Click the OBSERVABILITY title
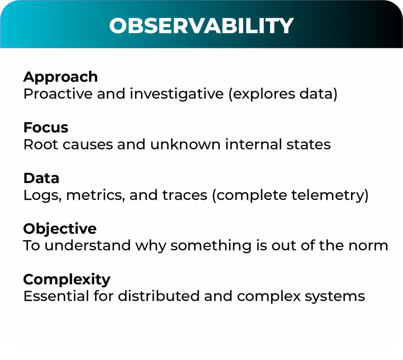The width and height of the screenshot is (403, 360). tap(201, 26)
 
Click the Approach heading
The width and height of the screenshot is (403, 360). tap(60, 77)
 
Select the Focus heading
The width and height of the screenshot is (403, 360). tap(46, 127)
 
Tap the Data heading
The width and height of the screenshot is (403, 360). tap(41, 178)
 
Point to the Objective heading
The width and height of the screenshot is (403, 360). tap(60, 229)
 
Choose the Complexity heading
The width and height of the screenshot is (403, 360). tap(67, 279)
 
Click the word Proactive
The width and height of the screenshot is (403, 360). tap(58, 94)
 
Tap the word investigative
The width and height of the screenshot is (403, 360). tap(177, 94)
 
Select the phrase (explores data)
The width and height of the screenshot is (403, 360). tap(283, 94)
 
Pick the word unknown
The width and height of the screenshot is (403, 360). tap(185, 144)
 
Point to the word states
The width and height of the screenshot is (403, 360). tap(309, 144)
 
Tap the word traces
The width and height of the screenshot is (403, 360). tap(185, 195)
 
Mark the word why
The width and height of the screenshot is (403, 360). tap(151, 246)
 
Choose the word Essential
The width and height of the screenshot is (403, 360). tap(56, 296)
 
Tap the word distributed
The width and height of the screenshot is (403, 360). tap(159, 296)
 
